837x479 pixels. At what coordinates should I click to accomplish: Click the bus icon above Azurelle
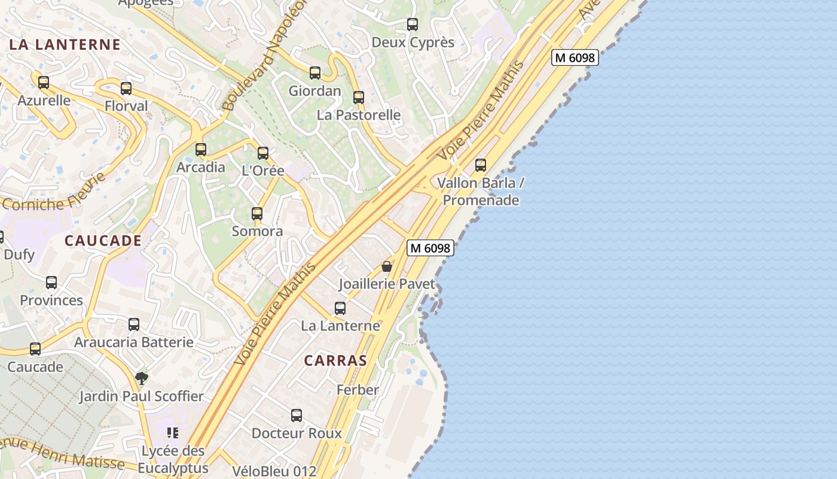(x=44, y=83)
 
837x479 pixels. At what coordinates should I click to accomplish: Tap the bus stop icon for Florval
(x=126, y=89)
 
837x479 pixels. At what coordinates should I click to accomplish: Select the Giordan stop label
(x=314, y=91)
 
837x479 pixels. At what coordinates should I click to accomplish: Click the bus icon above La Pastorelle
(x=358, y=97)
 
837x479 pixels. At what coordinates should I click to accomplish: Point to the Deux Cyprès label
(x=413, y=43)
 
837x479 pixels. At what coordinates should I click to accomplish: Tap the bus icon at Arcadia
(x=201, y=149)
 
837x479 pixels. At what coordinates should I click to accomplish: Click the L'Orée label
(x=263, y=171)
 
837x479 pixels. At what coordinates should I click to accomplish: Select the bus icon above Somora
(x=257, y=213)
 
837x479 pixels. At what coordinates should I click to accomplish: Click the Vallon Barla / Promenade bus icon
(x=481, y=165)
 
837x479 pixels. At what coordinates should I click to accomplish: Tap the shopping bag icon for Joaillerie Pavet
(x=387, y=266)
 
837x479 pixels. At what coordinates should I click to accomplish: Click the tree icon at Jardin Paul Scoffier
(x=142, y=378)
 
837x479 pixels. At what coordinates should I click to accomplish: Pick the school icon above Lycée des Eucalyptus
(x=173, y=433)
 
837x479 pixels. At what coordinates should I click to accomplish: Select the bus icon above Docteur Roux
(x=297, y=415)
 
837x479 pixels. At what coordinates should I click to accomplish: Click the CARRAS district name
(x=335, y=360)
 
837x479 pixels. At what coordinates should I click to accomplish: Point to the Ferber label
(x=358, y=390)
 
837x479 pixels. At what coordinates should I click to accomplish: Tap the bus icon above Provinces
(x=51, y=283)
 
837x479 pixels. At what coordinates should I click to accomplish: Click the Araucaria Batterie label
(x=134, y=342)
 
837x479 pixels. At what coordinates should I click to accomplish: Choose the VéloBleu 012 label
(x=274, y=471)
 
